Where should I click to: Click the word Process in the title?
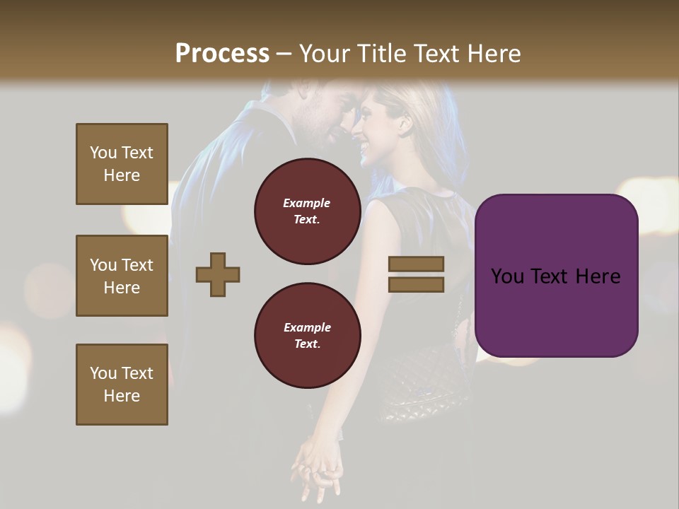(222, 54)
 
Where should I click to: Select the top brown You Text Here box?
(122, 164)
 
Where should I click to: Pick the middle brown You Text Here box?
(122, 276)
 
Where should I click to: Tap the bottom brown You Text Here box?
(122, 385)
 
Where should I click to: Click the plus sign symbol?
(218, 274)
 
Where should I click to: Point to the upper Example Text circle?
(307, 211)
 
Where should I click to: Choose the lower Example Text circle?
(307, 336)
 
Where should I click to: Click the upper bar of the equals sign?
(416, 264)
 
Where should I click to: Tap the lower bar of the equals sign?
(416, 284)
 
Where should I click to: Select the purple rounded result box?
(556, 276)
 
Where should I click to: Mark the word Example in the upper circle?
(307, 203)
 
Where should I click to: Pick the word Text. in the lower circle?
(307, 344)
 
